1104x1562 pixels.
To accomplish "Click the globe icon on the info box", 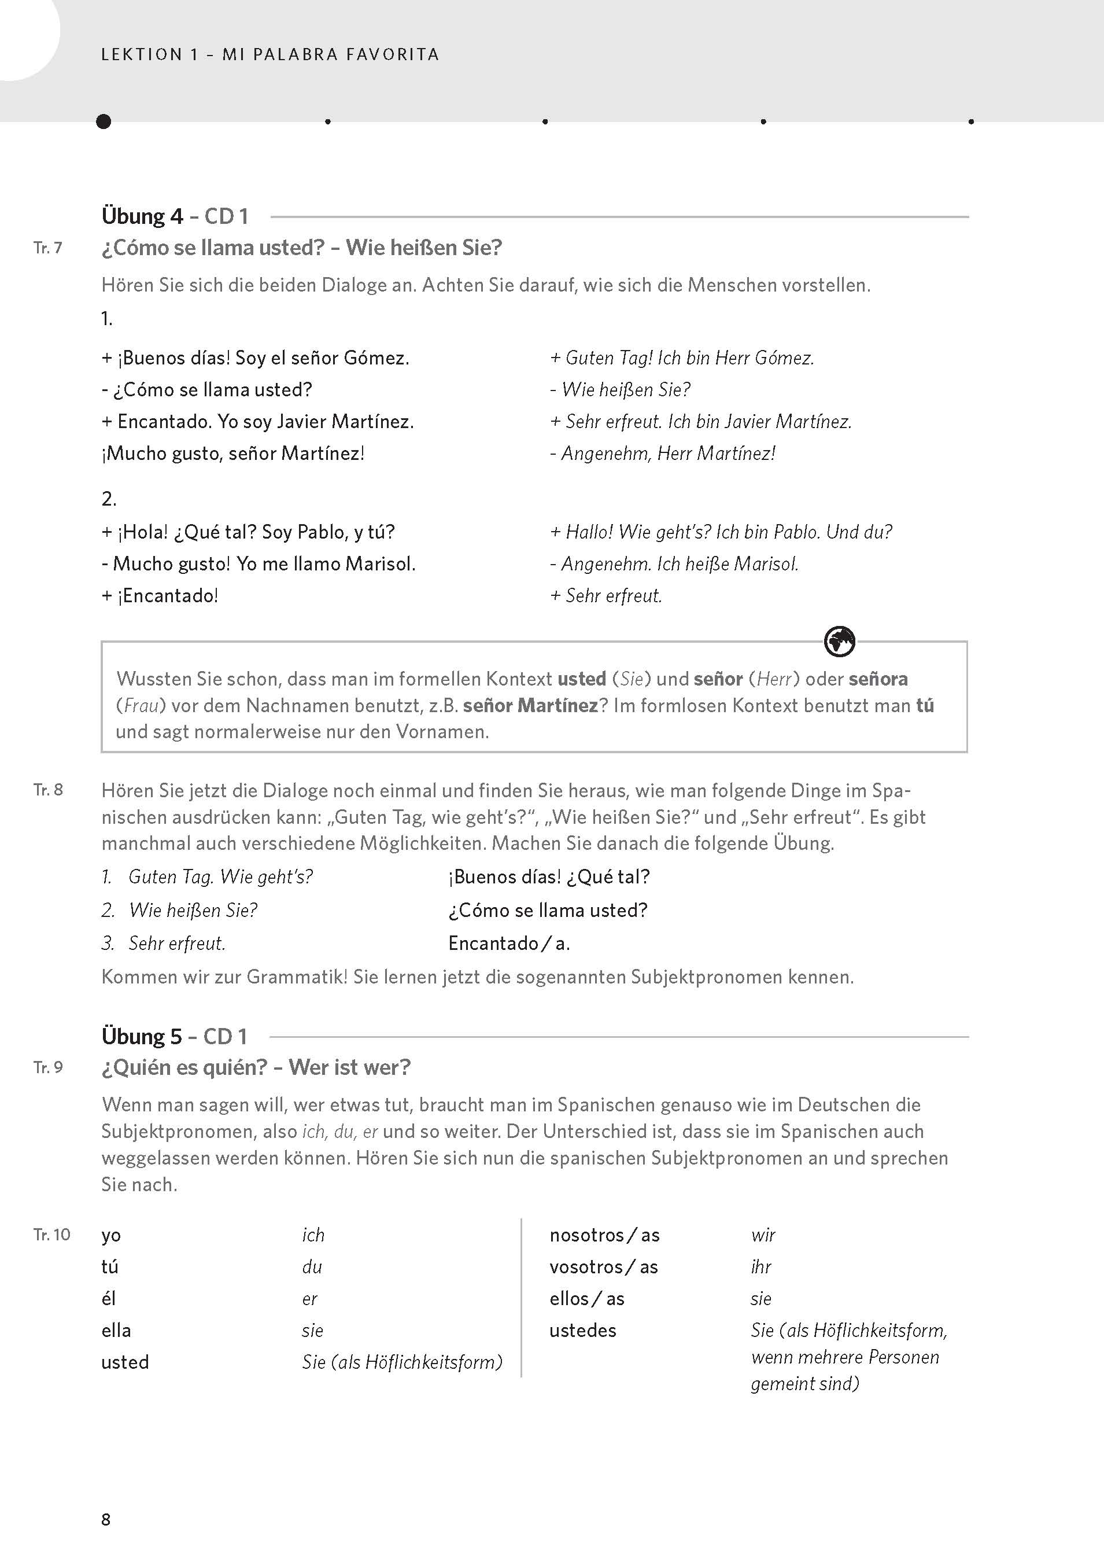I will coord(839,641).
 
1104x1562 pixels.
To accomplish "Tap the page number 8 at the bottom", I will coord(105,1519).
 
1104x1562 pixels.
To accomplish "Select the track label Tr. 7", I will coord(47,248).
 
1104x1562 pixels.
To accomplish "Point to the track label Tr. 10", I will coord(51,1235).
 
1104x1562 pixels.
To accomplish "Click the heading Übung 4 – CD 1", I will coord(175,216).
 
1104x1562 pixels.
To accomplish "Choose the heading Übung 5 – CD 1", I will coord(174,1036).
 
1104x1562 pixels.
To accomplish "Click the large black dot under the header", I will coord(104,121).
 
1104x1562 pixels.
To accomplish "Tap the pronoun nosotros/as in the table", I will coord(604,1235).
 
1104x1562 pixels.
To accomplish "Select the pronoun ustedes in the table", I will coord(582,1330).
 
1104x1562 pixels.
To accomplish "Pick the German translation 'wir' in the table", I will coord(763,1235).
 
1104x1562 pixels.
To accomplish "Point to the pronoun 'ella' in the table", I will coord(116,1330).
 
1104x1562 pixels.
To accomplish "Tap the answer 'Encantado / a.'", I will coord(509,943).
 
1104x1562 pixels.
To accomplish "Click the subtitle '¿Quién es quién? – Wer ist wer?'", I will coord(256,1067).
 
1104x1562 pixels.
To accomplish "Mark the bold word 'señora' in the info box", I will coord(877,679).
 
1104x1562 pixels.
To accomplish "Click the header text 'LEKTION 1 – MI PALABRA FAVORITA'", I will coord(270,54).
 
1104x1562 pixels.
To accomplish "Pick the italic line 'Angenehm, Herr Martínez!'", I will coord(663,454).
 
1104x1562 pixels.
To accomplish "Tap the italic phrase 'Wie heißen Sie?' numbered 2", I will coord(193,910).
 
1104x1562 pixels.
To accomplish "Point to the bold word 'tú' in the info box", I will coord(924,705).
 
